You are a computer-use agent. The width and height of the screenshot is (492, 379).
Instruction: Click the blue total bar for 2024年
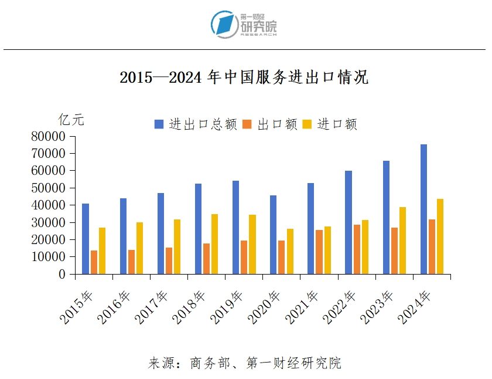click(423, 209)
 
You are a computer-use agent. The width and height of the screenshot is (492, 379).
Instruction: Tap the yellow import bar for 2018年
click(215, 244)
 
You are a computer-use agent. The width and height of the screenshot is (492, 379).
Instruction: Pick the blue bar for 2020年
click(273, 235)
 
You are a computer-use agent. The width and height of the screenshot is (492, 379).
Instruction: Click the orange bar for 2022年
click(357, 249)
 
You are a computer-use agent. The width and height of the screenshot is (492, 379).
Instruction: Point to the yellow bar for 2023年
click(403, 241)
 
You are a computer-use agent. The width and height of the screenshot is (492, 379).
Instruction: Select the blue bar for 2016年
click(123, 236)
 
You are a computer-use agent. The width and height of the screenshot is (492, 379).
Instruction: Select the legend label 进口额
click(337, 124)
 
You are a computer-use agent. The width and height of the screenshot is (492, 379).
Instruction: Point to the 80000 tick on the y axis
click(49, 137)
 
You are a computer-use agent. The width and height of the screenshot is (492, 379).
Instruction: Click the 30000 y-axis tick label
click(49, 223)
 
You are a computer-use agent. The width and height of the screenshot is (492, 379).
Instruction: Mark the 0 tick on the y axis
click(63, 274)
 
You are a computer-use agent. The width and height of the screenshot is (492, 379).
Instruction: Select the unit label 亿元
click(71, 120)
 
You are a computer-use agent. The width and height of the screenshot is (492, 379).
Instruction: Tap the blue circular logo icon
click(224, 24)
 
